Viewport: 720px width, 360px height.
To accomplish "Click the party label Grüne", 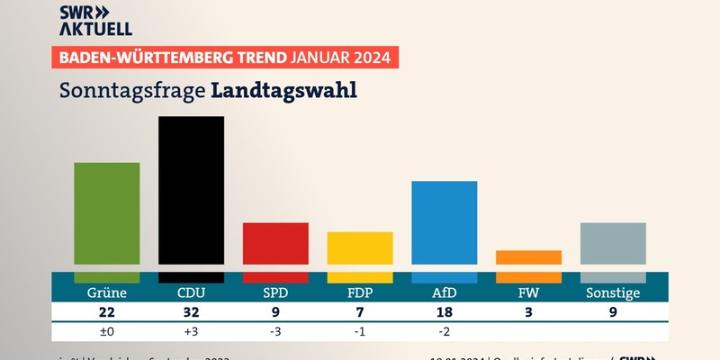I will [106, 293].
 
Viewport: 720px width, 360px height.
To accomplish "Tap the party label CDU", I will [191, 293].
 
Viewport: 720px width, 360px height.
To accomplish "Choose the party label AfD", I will [445, 293].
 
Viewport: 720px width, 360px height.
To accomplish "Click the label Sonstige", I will [613, 293].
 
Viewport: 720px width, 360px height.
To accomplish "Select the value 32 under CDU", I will [191, 312].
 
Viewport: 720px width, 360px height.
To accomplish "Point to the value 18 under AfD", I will [445, 312].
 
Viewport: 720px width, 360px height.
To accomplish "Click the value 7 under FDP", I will [360, 312].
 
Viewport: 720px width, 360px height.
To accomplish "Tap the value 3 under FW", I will [529, 312].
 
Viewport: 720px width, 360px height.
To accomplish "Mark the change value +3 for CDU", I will [191, 331].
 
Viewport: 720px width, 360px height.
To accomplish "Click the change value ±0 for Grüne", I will [106, 331].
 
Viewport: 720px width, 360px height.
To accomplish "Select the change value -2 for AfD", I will [445, 331].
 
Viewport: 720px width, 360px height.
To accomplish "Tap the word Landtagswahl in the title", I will [284, 90].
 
